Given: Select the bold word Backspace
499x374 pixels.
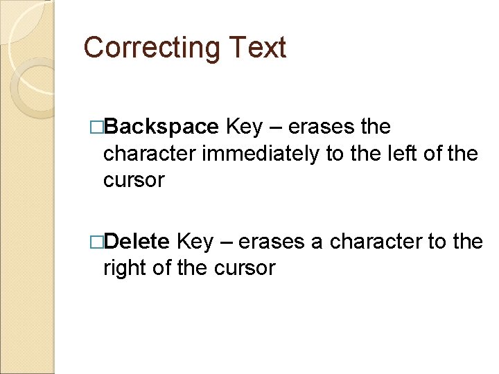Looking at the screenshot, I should [x=163, y=127].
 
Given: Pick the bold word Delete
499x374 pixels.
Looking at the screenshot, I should [x=139, y=242].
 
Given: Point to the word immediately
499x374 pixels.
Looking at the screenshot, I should [x=261, y=154].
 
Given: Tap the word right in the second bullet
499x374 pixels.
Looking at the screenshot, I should [x=122, y=268].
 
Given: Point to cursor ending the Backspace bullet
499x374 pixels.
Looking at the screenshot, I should [x=134, y=180].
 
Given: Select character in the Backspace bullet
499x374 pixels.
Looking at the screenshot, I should [x=149, y=154].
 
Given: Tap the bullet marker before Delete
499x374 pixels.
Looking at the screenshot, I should [x=96, y=242].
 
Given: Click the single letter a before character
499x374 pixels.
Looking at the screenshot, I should [x=317, y=243].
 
